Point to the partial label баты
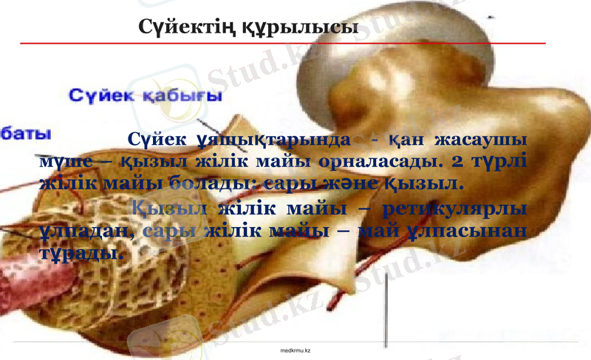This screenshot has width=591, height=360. [27, 135]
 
